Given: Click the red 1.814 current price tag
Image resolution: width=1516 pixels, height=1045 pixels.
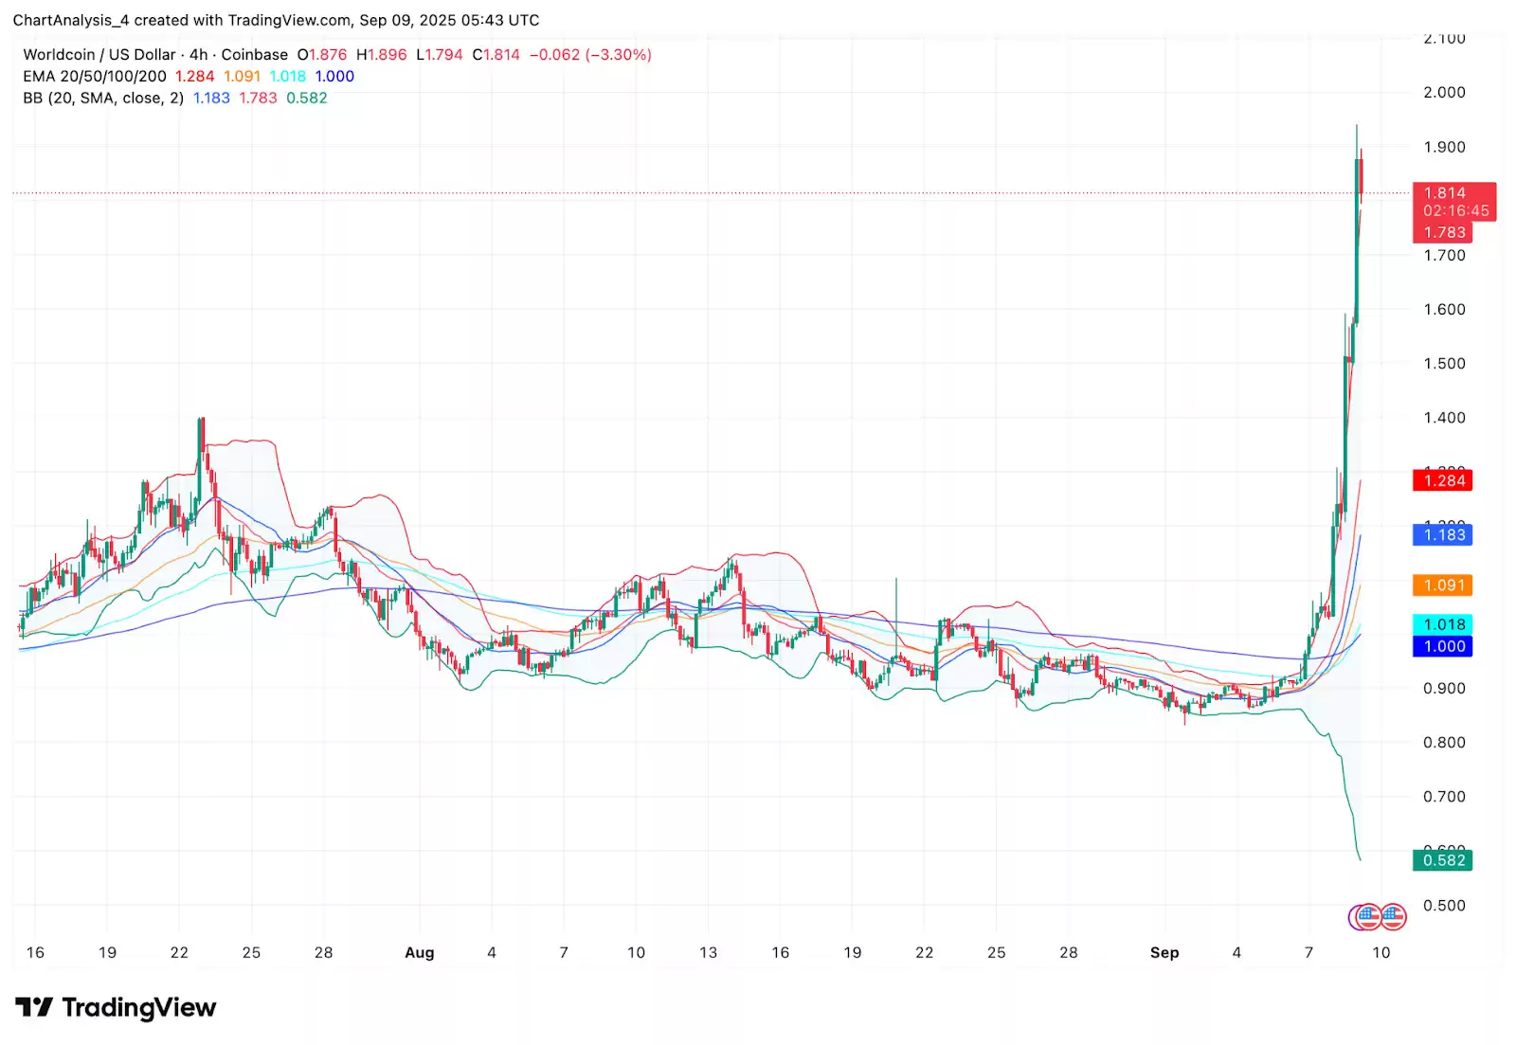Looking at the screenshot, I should [x=1444, y=193].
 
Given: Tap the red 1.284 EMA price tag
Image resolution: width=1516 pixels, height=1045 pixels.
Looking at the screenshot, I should [x=1444, y=480].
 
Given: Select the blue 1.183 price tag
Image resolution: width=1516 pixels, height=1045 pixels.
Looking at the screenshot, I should [x=1444, y=535].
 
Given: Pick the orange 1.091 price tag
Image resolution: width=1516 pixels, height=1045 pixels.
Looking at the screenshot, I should [x=1444, y=586].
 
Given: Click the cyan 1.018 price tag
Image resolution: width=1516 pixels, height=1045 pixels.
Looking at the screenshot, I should [x=1444, y=624].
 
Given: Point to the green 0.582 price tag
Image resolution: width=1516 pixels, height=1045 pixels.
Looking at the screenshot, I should [x=1444, y=860].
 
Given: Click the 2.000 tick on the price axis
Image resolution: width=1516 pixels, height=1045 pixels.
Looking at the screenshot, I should [x=1444, y=92].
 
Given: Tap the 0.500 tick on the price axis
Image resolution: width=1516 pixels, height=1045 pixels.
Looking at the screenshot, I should [x=1444, y=905].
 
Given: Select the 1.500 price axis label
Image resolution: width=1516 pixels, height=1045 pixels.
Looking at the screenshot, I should [x=1444, y=363].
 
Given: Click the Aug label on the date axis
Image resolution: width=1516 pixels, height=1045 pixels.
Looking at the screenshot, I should [x=419, y=952].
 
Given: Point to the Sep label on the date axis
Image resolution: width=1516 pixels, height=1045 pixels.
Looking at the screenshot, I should [x=1164, y=952].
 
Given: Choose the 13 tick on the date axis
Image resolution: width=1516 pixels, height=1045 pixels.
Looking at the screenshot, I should [x=708, y=952].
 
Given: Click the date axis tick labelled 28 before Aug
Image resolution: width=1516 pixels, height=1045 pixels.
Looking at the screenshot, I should [x=323, y=952].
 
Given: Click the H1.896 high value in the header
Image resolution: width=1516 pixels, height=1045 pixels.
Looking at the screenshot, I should [x=381, y=55].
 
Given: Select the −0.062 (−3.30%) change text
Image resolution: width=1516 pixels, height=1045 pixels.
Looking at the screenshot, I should [x=590, y=55].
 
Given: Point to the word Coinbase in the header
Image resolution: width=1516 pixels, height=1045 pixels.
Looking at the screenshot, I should [x=254, y=55].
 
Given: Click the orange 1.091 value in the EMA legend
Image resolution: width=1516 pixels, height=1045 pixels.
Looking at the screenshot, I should [x=242, y=77].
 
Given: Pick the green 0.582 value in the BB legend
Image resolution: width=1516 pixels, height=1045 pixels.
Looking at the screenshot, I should [x=306, y=99].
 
